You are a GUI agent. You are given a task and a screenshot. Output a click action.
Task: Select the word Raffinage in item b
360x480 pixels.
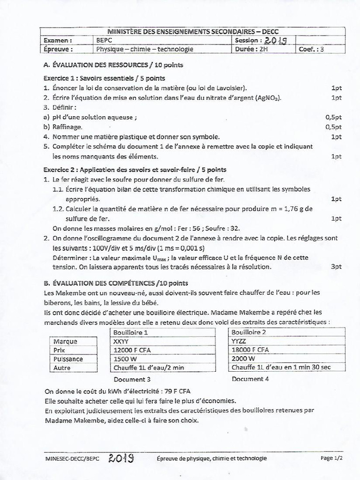coord(67,127)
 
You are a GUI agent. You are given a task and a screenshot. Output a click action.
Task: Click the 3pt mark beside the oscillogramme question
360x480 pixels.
coord(336,266)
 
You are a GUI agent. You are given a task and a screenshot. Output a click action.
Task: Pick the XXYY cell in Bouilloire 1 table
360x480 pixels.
coord(121,341)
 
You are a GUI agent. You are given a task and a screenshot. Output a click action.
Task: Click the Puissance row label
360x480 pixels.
coord(68,359)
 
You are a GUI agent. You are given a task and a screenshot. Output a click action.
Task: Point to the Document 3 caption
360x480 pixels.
coord(132,379)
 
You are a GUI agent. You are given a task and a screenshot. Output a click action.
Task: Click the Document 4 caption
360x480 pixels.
coord(250,379)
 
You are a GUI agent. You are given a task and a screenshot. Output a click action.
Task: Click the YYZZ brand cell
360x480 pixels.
coord(239,341)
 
